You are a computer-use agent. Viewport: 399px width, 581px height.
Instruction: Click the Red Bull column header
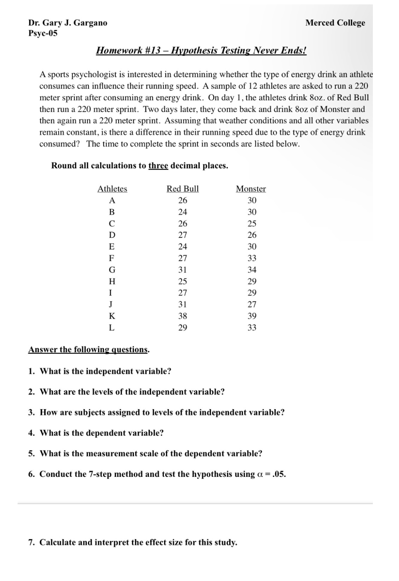pyautogui.click(x=183, y=189)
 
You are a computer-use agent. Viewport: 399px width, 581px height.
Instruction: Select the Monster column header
pyautogui.click(x=251, y=189)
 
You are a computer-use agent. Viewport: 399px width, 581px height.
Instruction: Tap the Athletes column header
pyautogui.click(x=112, y=189)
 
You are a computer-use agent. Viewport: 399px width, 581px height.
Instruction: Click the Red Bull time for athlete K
pyautogui.click(x=183, y=316)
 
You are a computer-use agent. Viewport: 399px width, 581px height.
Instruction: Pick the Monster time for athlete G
pyautogui.click(x=252, y=270)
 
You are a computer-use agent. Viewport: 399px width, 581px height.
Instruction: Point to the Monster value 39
pyautogui.click(x=252, y=316)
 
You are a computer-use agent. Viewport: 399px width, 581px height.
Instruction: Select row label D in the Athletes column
pyautogui.click(x=112, y=235)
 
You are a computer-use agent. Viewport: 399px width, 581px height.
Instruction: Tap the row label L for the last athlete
pyautogui.click(x=112, y=328)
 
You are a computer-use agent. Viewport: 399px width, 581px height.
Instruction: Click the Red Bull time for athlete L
pyautogui.click(x=183, y=328)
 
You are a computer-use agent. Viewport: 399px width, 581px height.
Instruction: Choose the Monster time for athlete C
pyautogui.click(x=252, y=223)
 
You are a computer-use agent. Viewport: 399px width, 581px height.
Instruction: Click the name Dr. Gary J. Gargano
pyautogui.click(x=68, y=23)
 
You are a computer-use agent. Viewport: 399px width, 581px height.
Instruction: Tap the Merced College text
pyautogui.click(x=335, y=23)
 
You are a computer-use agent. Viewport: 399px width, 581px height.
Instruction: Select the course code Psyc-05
pyautogui.click(x=43, y=33)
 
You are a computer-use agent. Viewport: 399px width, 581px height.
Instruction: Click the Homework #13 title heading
pyautogui.click(x=201, y=50)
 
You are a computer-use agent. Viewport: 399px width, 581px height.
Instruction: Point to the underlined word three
pyautogui.click(x=158, y=166)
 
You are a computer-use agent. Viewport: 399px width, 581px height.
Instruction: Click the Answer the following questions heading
pyautogui.click(x=88, y=349)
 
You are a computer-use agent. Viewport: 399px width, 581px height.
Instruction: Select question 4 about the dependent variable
pyautogui.click(x=96, y=433)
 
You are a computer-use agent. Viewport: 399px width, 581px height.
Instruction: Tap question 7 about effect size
pyautogui.click(x=133, y=542)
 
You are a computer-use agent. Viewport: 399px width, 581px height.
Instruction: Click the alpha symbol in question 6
pyautogui.click(x=258, y=474)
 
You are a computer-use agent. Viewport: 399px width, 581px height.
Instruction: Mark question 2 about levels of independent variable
pyautogui.click(x=126, y=392)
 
